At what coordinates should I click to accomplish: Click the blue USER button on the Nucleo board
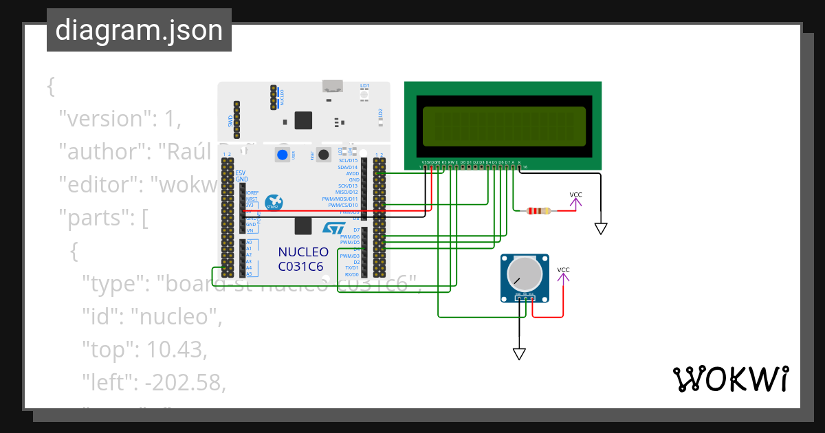pyautogui.click(x=282, y=155)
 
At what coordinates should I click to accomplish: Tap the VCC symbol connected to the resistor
pyautogui.click(x=576, y=199)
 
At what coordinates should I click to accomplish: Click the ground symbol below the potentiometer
pyautogui.click(x=519, y=353)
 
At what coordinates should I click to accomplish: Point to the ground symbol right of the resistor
pyautogui.click(x=602, y=228)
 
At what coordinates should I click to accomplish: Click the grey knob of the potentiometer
pyautogui.click(x=524, y=274)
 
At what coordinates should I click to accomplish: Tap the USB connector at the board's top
pyautogui.click(x=333, y=87)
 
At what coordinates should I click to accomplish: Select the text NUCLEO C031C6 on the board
pyautogui.click(x=303, y=259)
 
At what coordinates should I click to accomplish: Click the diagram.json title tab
pyautogui.click(x=139, y=30)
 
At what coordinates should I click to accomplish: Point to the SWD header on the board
pyautogui.click(x=236, y=119)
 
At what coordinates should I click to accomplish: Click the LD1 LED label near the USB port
pyautogui.click(x=365, y=86)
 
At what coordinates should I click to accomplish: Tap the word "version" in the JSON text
pyautogui.click(x=103, y=119)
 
